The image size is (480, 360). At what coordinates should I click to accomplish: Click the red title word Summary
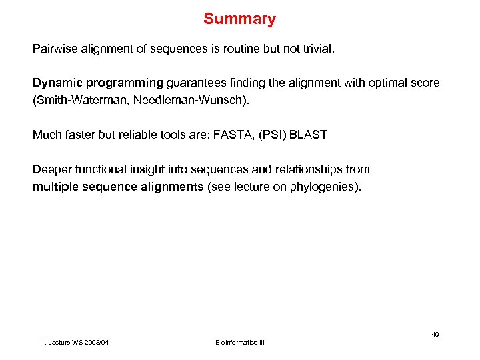239,19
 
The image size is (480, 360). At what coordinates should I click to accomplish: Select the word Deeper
51,169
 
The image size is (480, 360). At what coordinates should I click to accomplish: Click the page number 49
435,334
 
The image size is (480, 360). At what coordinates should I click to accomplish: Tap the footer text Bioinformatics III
239,342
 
